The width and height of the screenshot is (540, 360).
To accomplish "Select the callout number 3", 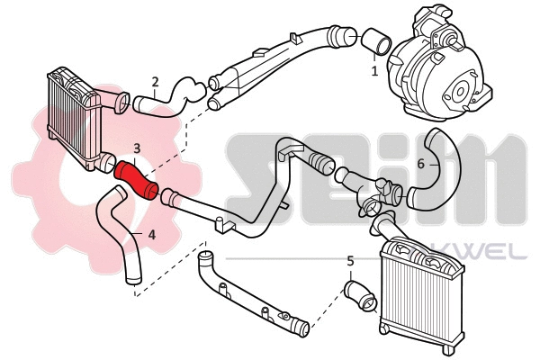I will [x=137, y=148].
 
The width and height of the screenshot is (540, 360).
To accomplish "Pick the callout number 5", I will [x=350, y=261].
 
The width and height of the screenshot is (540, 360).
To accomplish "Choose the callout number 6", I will [x=420, y=164].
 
